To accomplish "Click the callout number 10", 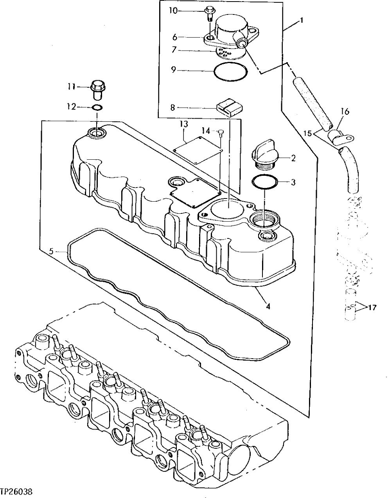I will [173, 11].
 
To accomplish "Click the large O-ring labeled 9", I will [231, 71].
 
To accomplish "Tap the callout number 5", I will [51, 251].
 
